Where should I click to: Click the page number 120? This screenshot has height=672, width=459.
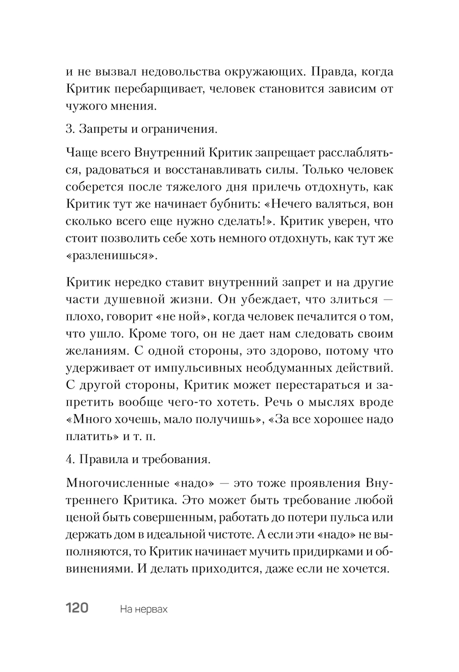coord(77,609)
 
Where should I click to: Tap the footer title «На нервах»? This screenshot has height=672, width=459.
coord(143,610)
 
